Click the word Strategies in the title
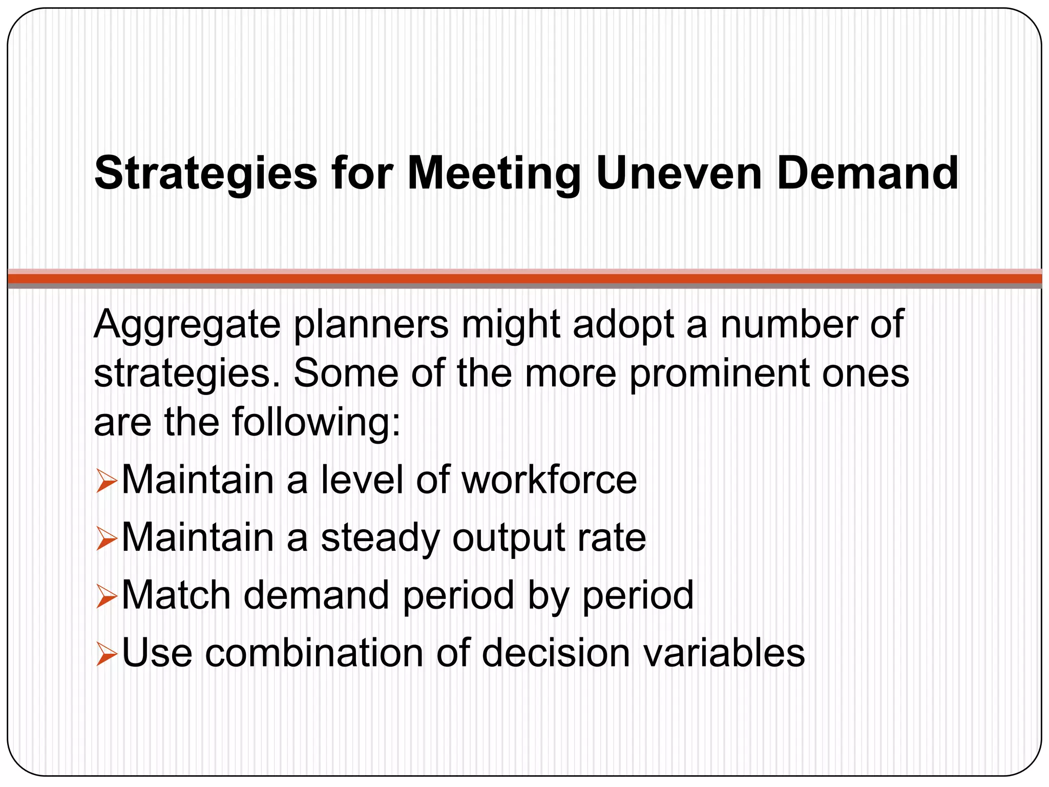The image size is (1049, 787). (206, 174)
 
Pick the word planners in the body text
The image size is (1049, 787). (371, 326)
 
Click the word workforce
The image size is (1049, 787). (549, 480)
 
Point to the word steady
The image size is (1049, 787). (380, 539)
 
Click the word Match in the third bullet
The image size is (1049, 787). (176, 595)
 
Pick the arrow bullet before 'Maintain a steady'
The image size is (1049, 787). (107, 541)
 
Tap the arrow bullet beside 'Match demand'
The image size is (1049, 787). (107, 598)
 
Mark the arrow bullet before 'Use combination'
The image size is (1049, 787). (107, 655)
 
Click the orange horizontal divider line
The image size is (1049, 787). (524, 279)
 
